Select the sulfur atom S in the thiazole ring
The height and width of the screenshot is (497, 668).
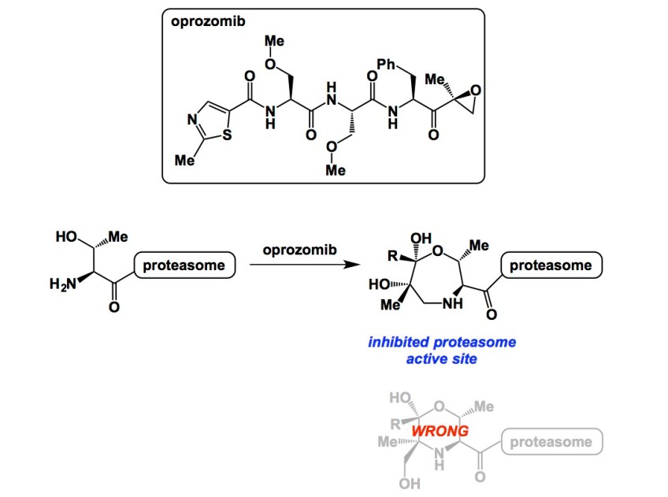click(x=226, y=135)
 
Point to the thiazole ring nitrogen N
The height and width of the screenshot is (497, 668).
click(x=192, y=121)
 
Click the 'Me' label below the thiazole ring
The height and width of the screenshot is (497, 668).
click(x=183, y=160)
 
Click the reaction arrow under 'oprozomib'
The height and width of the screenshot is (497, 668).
click(x=299, y=266)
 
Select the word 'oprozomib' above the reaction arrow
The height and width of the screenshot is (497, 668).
click(x=299, y=250)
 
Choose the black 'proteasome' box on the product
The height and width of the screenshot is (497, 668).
click(x=551, y=265)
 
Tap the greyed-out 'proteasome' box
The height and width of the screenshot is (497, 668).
click(x=551, y=441)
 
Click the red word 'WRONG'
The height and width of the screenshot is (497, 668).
click(x=441, y=432)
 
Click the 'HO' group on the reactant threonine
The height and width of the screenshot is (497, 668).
click(x=66, y=236)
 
